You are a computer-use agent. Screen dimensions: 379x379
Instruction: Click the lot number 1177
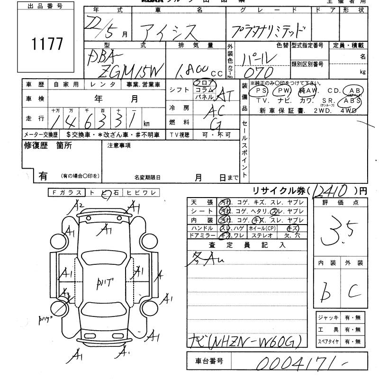coord(47,44)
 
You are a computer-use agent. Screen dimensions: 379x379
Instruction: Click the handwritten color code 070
coord(257,72)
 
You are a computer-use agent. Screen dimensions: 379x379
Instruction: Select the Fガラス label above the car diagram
coord(66,192)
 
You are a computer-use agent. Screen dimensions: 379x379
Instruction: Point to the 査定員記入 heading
coord(247,245)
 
